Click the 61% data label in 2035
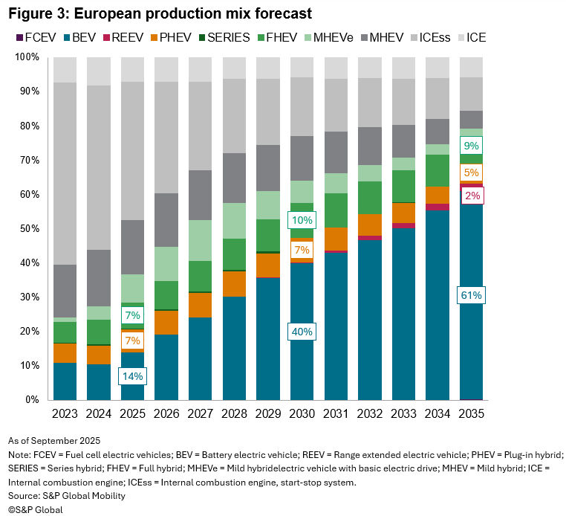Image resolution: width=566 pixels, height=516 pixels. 471,296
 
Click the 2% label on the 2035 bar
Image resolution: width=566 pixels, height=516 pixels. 471,196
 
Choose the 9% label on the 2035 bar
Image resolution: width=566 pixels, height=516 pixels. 471,146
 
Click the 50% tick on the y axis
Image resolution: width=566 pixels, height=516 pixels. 27,229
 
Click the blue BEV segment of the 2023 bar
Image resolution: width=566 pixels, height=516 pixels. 65,381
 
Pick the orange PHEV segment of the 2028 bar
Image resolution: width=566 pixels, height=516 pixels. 235,284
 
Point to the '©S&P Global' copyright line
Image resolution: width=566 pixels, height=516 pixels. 36,509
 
